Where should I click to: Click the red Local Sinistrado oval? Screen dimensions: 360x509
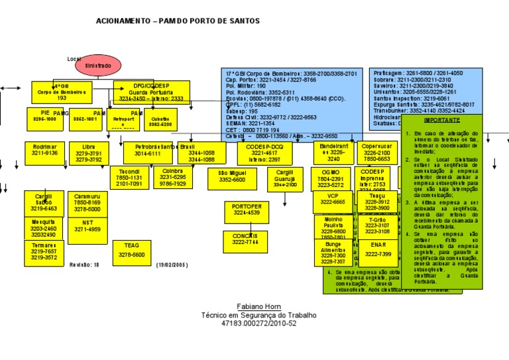(x=98, y=66)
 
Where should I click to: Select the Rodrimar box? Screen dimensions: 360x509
(x=44, y=153)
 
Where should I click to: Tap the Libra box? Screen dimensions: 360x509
(x=88, y=153)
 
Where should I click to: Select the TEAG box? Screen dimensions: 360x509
(x=131, y=250)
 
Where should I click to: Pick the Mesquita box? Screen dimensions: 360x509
(x=43, y=228)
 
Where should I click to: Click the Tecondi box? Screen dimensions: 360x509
(x=129, y=177)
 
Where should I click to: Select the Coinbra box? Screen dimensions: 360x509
(x=172, y=177)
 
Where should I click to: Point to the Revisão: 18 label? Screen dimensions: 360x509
(x=84, y=265)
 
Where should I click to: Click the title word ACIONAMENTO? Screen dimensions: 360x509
(x=123, y=21)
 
